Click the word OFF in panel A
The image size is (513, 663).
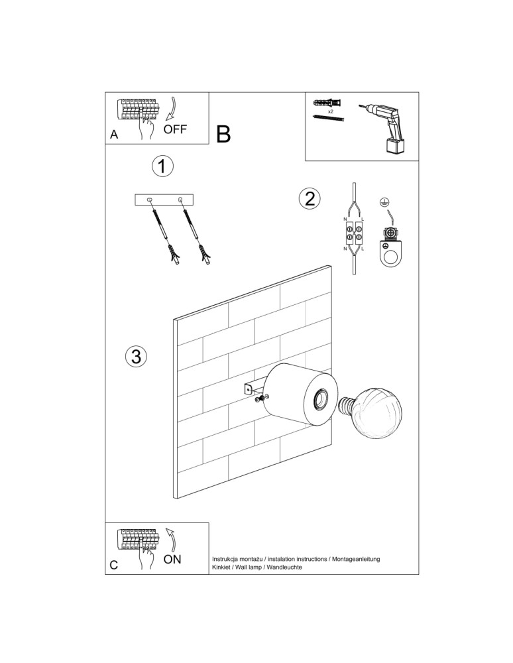(176, 129)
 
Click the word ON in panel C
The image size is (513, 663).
(172, 559)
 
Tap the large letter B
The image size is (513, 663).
(223, 135)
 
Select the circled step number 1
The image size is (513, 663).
(162, 166)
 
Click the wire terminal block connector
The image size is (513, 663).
(353, 233)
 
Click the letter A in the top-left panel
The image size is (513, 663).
(114, 135)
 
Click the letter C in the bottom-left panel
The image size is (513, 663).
(114, 565)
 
